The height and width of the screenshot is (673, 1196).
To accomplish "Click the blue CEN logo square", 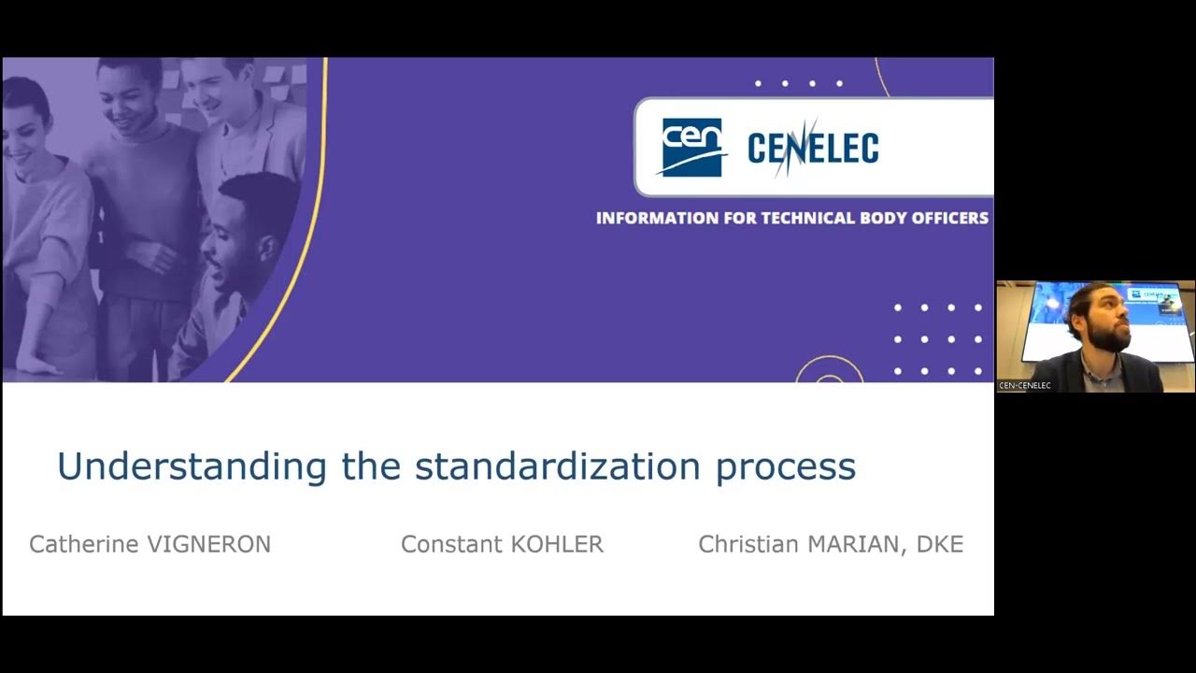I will [692, 147].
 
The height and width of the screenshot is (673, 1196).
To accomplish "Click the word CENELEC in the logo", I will [813, 149].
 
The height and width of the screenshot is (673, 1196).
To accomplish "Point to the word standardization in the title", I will [558, 465].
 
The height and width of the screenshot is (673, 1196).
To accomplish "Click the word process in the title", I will [786, 465].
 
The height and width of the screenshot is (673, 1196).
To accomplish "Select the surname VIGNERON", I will [209, 544].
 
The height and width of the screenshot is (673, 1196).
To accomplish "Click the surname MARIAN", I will [860, 544].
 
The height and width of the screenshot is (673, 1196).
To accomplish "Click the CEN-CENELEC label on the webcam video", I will [1025, 385].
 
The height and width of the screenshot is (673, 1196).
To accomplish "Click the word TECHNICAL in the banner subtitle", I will [808, 219].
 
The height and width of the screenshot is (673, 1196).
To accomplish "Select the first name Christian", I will [748, 544].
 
